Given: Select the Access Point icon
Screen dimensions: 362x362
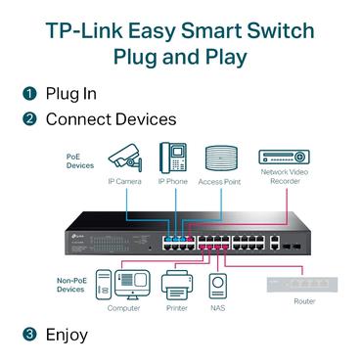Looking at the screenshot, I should coord(221,158).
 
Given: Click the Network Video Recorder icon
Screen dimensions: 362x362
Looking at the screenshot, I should coord(285,156).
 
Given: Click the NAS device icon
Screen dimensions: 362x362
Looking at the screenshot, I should coord(222,287).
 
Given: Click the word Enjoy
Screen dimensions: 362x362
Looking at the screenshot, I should coord(67,335).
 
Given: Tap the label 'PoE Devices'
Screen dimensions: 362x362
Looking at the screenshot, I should coord(80,160).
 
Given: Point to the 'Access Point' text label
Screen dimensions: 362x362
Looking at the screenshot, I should coord(221,181).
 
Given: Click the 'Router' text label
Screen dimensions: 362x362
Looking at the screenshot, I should coord(304,303).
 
